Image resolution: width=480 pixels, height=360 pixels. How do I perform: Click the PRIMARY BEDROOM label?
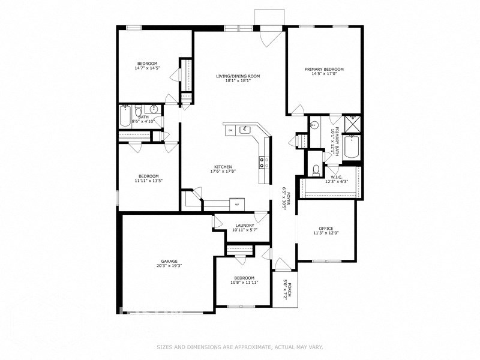click(x=324, y=69)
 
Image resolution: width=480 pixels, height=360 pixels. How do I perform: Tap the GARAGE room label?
click(x=169, y=262)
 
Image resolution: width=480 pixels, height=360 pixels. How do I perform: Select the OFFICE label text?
click(x=326, y=229)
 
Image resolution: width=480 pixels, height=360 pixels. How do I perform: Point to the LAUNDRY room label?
click(x=244, y=226)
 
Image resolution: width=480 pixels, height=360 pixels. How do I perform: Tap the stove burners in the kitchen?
click(x=262, y=161)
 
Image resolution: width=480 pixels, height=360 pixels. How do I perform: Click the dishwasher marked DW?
click(x=230, y=129)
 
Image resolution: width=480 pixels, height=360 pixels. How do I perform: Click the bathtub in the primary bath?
click(x=352, y=149)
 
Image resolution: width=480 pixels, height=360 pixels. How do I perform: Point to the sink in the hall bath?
click(x=154, y=110)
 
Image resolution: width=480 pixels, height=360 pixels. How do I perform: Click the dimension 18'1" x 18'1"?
click(x=238, y=81)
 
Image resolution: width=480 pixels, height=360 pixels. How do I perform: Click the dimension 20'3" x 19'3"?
click(x=169, y=266)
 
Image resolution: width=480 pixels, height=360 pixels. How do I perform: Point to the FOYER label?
click(x=288, y=199)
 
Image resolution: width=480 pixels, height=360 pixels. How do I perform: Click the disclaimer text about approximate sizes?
click(x=240, y=347)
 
